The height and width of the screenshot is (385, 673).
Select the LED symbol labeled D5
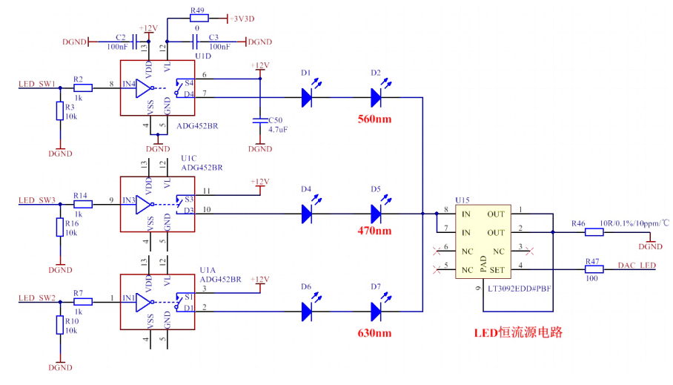pyautogui.click(x=376, y=214)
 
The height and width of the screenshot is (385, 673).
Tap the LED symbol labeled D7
pyautogui.click(x=376, y=312)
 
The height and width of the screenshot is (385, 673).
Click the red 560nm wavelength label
pyautogui.click(x=374, y=119)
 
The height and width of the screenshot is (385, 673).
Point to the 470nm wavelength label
pyautogui.click(x=374, y=231)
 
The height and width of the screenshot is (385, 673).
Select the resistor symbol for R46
pyautogui.click(x=594, y=232)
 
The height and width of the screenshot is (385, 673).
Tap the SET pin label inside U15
pyautogui.click(x=496, y=269)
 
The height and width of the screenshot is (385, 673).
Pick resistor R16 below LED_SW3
pyautogui.click(x=60, y=227)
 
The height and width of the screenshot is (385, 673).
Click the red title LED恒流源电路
pyautogui.click(x=518, y=332)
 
